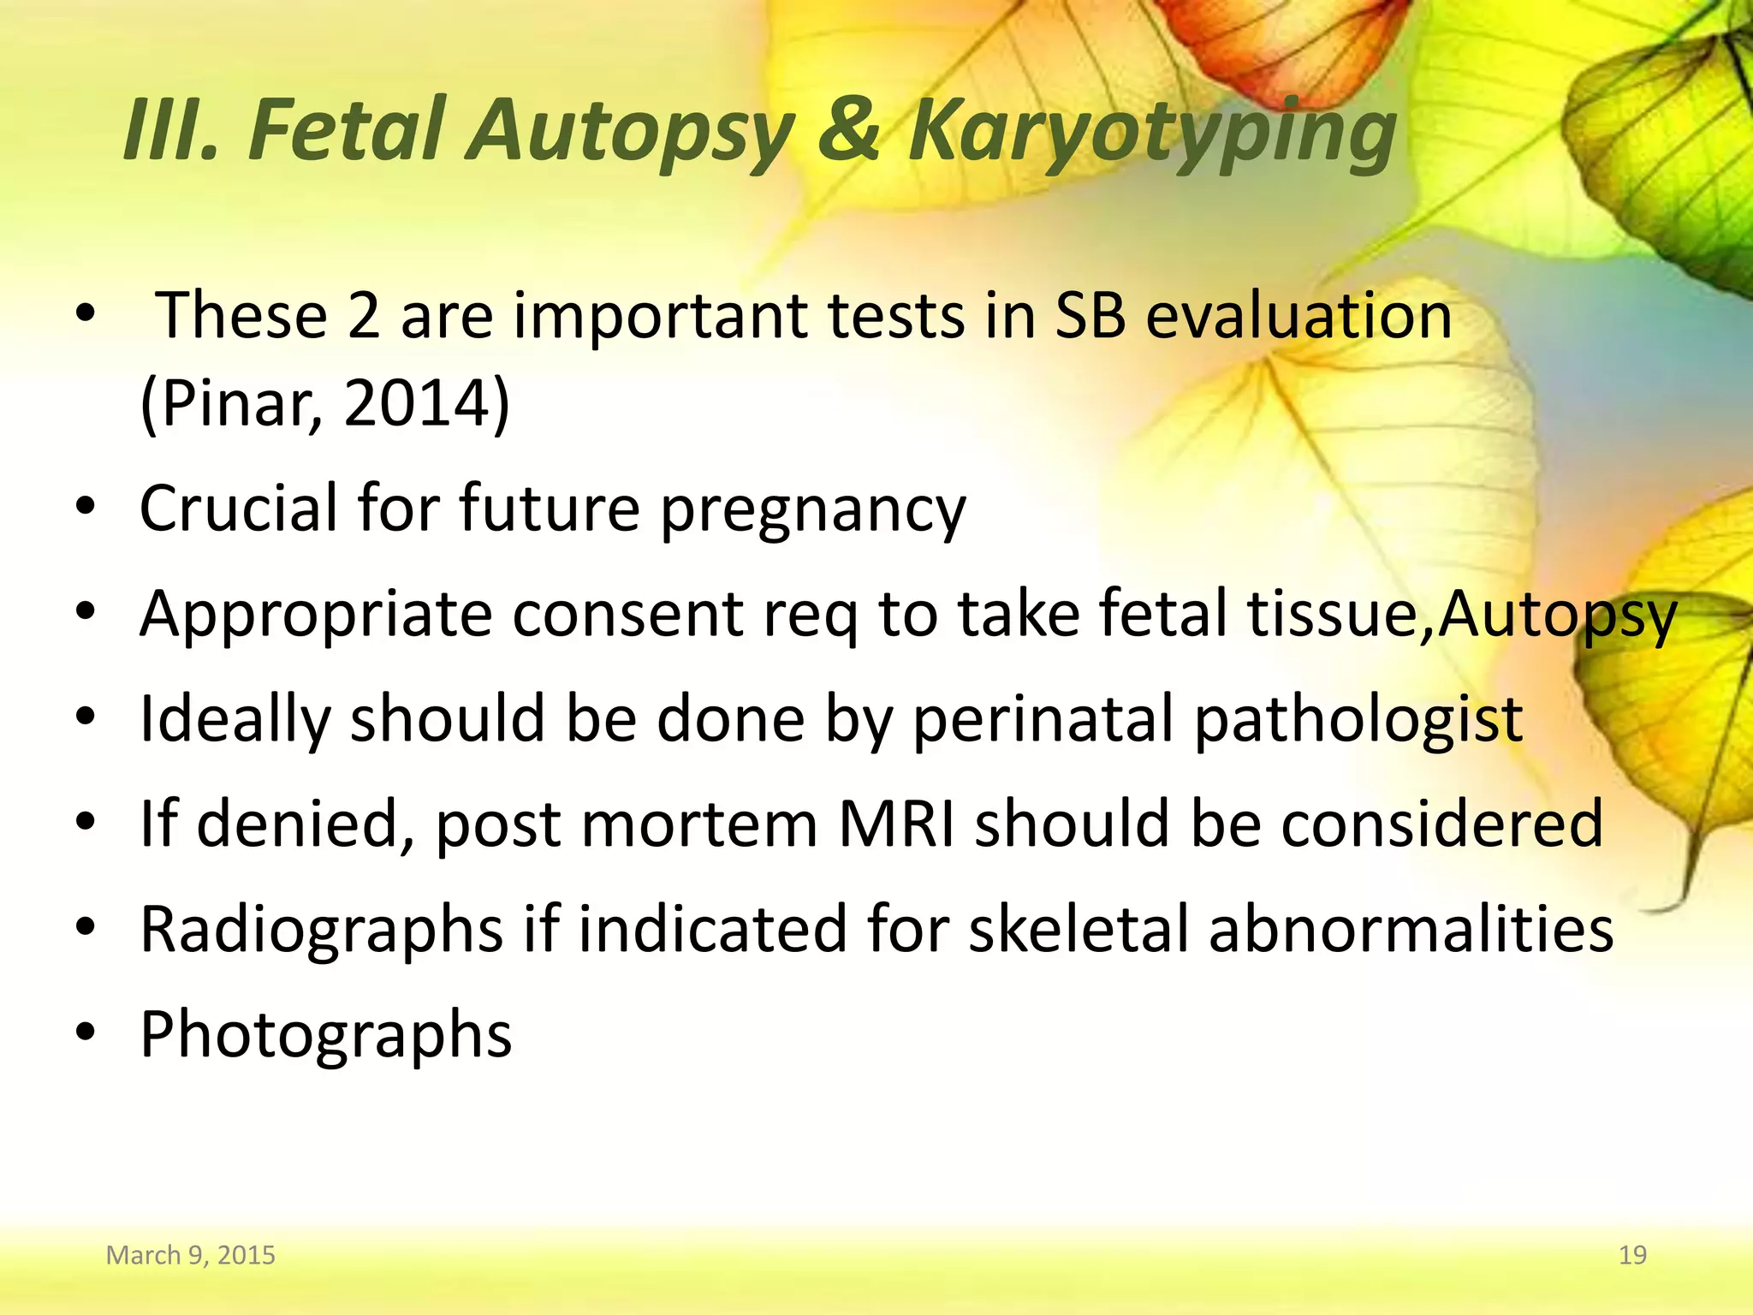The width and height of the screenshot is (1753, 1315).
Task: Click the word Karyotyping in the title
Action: pyautogui.click(x=1151, y=133)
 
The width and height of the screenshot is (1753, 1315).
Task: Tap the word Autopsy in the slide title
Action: pyautogui.click(x=629, y=133)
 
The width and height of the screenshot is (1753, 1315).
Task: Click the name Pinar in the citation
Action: pyautogui.click(x=240, y=403)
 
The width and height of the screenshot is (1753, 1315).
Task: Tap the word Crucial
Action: pyautogui.click(x=239, y=508)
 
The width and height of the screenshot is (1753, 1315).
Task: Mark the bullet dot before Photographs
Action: pyautogui.click(x=85, y=1032)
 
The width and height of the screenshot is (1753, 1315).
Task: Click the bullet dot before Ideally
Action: pyautogui.click(x=85, y=717)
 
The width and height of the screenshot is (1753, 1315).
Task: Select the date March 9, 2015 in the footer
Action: pyautogui.click(x=190, y=1255)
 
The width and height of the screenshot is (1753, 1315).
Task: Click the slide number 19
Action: pyautogui.click(x=1632, y=1255)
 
